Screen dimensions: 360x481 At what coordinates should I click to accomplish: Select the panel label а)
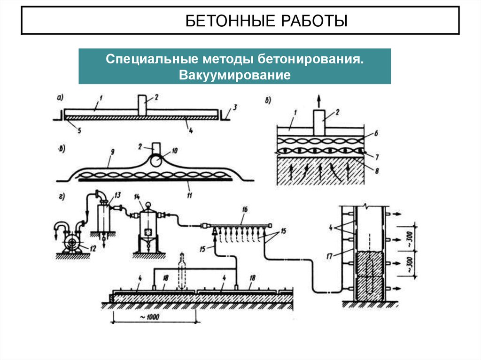pos(60,98)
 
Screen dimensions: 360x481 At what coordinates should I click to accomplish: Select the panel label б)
pos(269,100)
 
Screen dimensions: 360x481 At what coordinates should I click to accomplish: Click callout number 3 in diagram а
pos(235,107)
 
